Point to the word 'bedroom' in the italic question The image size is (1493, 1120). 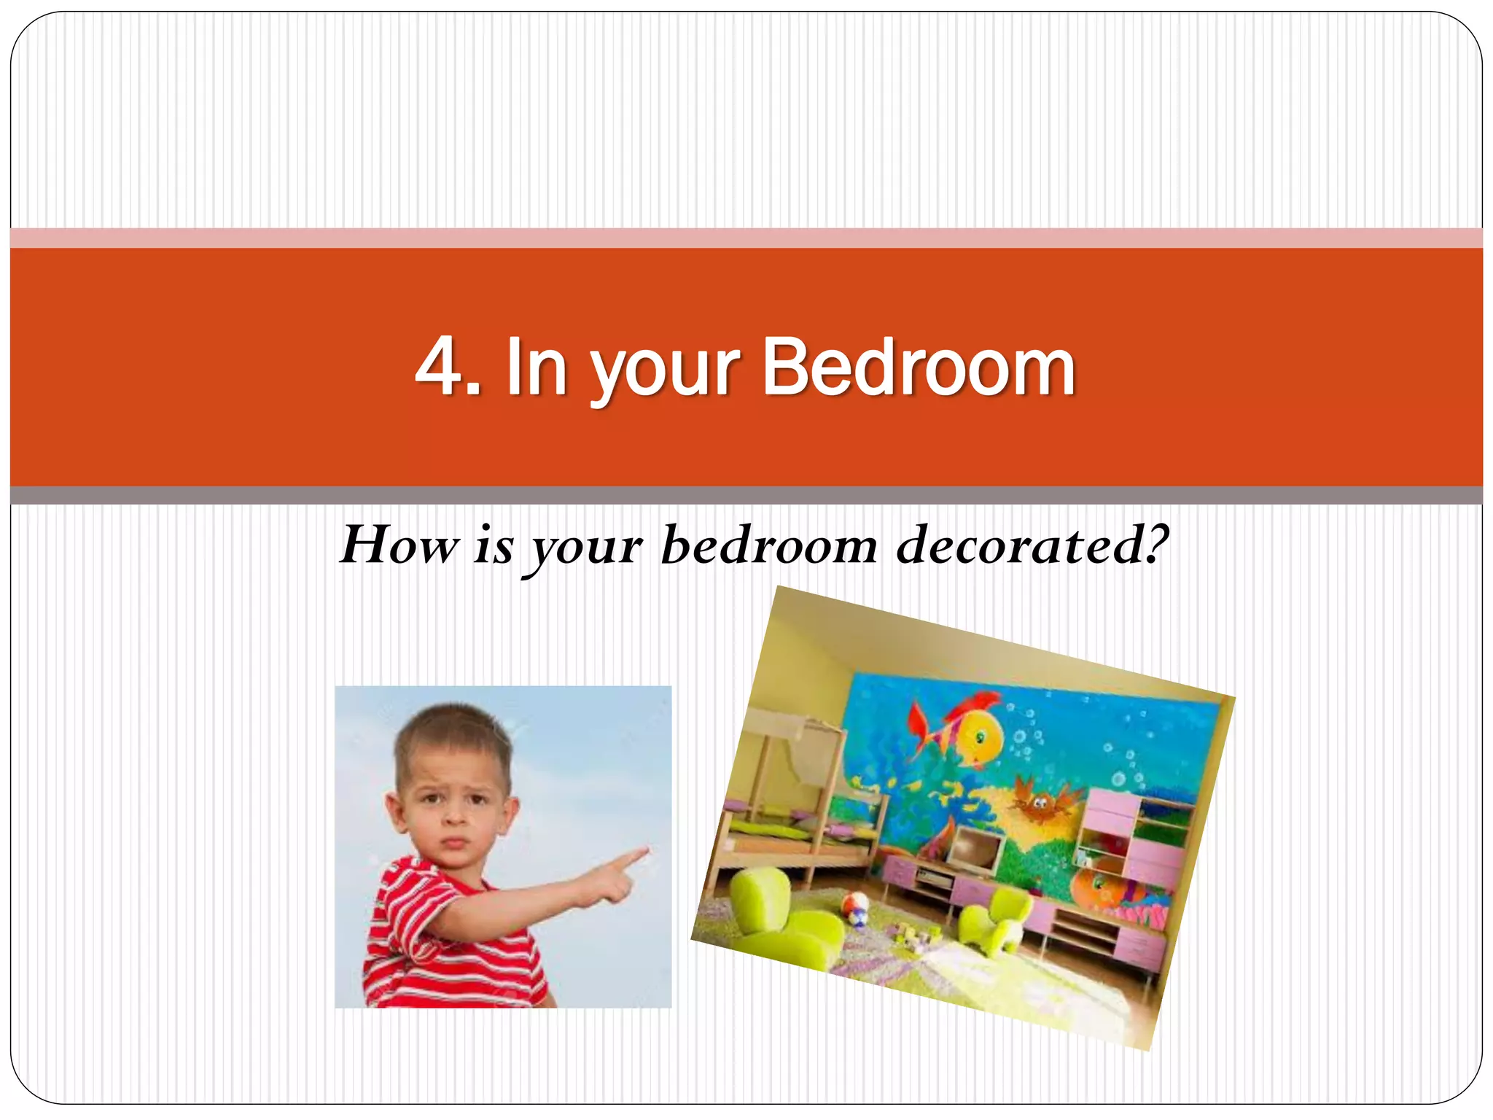tap(768, 545)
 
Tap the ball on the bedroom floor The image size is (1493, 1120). tap(854, 908)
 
